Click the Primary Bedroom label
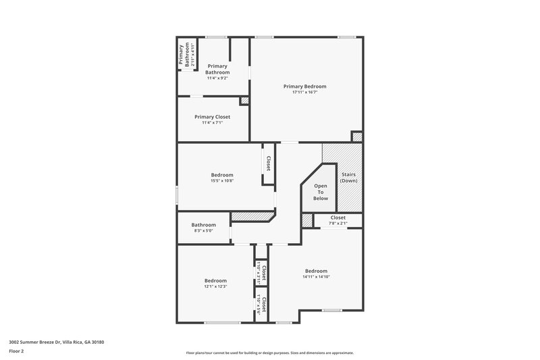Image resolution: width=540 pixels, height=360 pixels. point(304,86)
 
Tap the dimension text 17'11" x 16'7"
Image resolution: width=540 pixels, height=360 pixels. point(304,93)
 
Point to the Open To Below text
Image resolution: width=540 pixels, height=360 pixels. point(321,192)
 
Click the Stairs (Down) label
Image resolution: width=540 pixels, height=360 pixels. point(348,178)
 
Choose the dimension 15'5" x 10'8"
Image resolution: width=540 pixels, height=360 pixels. point(222,181)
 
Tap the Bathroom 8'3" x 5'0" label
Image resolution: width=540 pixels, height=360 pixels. point(203,225)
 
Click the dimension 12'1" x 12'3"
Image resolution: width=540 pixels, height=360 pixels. point(215,286)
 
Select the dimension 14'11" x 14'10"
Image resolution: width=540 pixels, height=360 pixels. point(316,276)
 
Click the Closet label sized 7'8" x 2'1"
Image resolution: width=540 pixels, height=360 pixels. point(337,217)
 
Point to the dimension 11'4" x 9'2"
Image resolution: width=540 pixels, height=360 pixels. point(217,78)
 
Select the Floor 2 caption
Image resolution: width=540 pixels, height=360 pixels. point(16,351)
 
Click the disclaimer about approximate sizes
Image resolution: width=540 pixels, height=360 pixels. point(269,353)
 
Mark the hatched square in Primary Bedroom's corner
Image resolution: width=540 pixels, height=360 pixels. point(357,137)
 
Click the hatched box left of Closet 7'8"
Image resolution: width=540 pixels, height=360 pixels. point(307,220)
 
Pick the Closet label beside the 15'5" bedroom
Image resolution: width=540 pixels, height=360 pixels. point(268,163)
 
